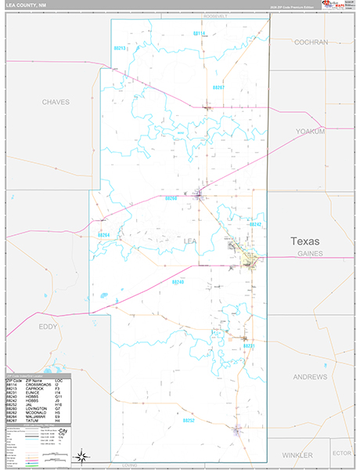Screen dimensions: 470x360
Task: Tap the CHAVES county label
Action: pyautogui.click(x=56, y=102)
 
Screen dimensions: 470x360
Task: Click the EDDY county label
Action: pyautogui.click(x=26, y=326)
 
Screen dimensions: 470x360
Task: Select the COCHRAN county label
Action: pyautogui.click(x=311, y=42)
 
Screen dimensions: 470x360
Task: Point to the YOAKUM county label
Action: pyautogui.click(x=310, y=132)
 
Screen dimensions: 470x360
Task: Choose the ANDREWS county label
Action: pyautogui.click(x=311, y=377)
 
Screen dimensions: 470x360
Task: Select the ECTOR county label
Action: pyautogui.click(x=341, y=453)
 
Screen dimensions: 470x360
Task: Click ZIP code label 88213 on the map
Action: pyautogui.click(x=120, y=49)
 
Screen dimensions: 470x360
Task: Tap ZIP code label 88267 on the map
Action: pyautogui.click(x=218, y=88)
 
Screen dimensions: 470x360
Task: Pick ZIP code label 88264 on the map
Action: pyautogui.click(x=103, y=234)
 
